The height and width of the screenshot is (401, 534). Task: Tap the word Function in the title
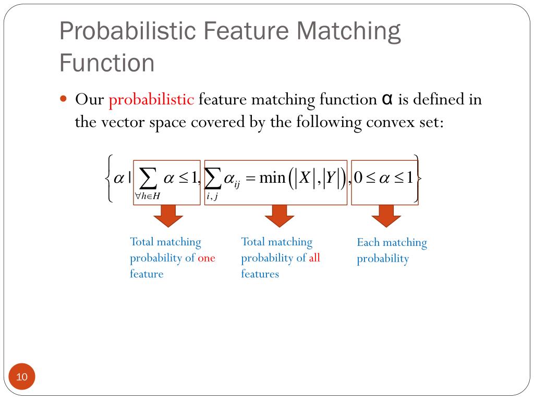click(x=107, y=63)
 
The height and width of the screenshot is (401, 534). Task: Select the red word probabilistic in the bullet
click(x=151, y=99)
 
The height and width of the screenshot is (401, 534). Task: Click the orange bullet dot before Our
click(x=65, y=98)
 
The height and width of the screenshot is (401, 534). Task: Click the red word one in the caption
click(x=207, y=258)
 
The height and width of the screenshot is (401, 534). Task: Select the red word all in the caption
click(x=314, y=258)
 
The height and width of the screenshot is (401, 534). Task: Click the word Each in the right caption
click(x=368, y=242)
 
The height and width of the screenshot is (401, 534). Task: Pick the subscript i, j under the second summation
click(x=212, y=196)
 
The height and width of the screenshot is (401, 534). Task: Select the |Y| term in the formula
click(x=331, y=178)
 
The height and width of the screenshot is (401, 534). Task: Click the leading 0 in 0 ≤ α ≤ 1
click(x=358, y=178)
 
